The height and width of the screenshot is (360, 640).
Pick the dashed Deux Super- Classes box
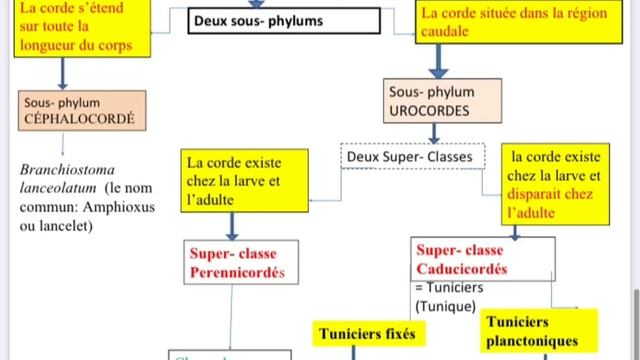point(412,157)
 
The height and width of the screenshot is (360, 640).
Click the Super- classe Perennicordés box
point(236,262)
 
